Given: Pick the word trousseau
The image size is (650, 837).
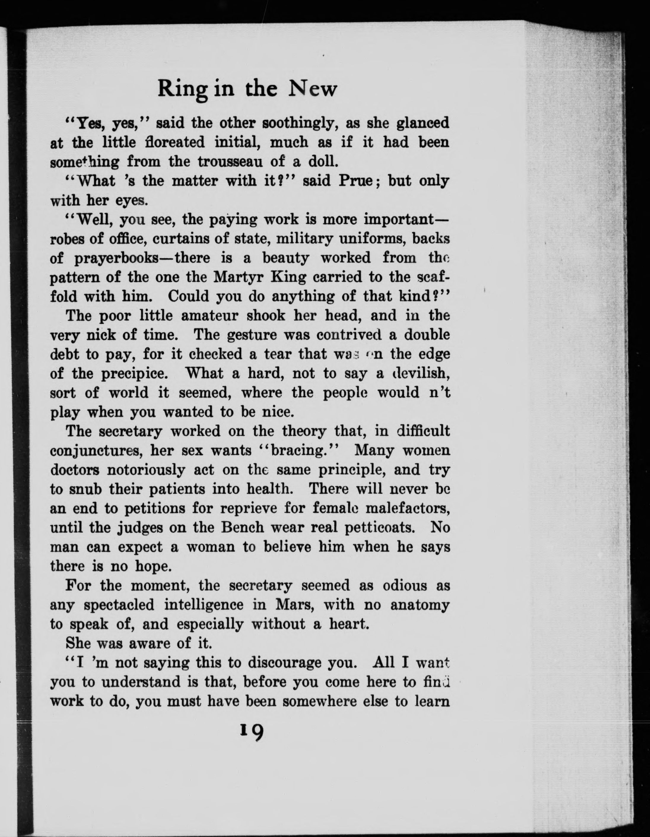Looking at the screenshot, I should (x=230, y=162).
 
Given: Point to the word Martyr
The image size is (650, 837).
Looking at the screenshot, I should (x=238, y=277).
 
